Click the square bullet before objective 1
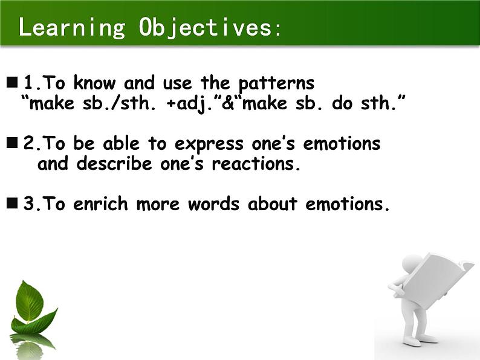coord(12,82)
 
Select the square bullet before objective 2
coord(12,143)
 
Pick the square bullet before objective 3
coord(12,202)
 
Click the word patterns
coord(276,83)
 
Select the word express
coord(209,144)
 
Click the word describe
coord(114,163)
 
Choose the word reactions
coord(256,164)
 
